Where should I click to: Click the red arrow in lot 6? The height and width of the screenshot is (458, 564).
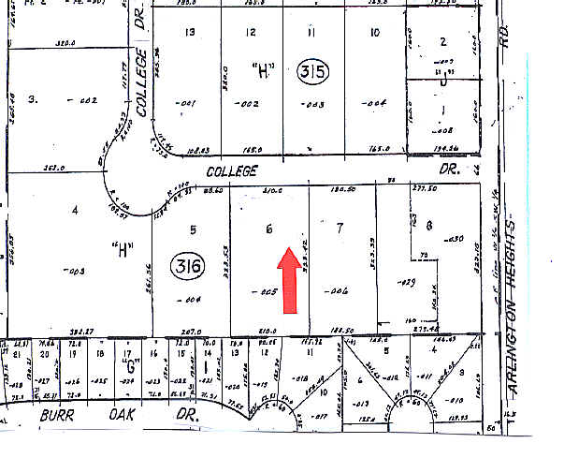click(289, 278)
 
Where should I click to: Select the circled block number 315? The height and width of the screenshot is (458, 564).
click(313, 71)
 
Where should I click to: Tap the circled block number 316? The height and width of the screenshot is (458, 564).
click(184, 265)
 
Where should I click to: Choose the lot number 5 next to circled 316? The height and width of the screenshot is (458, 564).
click(194, 229)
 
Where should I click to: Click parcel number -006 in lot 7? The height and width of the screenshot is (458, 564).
click(337, 292)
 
